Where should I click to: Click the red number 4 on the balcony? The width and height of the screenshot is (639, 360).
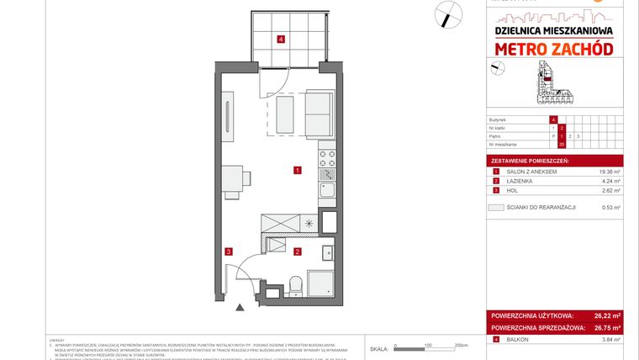pos(281,39)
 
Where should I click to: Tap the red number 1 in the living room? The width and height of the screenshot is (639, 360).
pos(298,170)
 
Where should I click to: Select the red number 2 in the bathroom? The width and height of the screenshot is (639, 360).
pos(298,251)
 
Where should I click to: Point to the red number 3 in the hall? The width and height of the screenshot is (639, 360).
pos(227,251)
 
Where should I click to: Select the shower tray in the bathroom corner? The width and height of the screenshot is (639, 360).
pos(322,283)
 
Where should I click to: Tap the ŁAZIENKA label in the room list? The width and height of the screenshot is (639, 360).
pos(520,181)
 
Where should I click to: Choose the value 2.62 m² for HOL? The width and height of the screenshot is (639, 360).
pos(610,191)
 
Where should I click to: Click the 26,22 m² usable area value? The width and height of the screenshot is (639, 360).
pos(606,316)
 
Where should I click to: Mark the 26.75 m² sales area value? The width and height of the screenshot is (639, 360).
pos(606,328)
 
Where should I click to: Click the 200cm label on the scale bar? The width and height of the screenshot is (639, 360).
pos(460,346)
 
